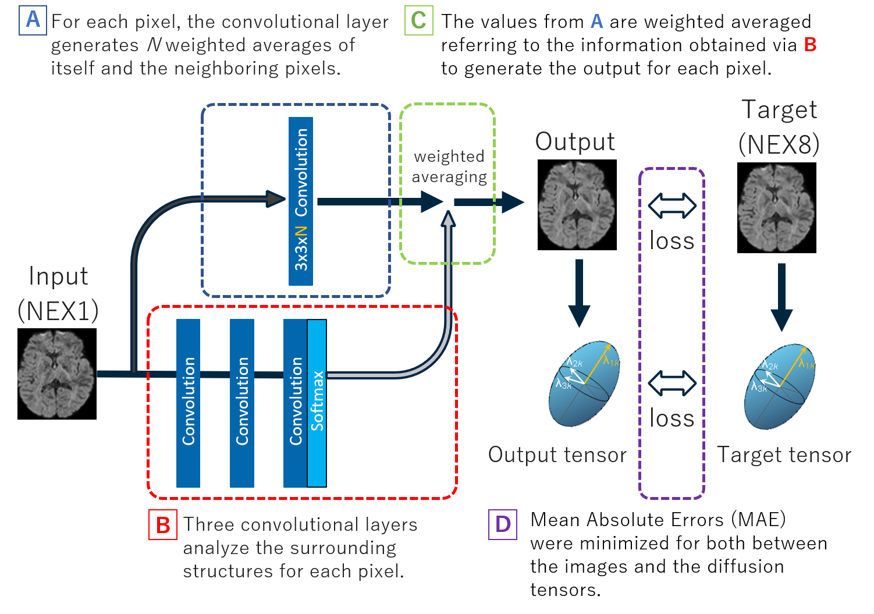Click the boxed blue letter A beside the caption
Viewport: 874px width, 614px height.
[33, 20]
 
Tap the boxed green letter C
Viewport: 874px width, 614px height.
[419, 20]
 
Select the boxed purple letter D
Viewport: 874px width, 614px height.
[503, 524]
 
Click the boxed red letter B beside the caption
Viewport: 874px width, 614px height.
[163, 525]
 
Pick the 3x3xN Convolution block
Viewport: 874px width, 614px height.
[301, 201]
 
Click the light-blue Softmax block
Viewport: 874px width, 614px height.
[317, 403]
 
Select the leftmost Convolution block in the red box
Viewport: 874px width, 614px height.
[188, 403]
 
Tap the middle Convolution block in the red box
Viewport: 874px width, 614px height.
[242, 403]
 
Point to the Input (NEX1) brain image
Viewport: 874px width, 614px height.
[55, 374]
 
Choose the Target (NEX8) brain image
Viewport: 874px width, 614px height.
[776, 208]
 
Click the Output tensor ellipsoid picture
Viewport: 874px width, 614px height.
[584, 382]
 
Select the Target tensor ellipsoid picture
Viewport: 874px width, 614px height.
[780, 385]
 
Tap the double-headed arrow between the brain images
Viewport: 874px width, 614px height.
[672, 206]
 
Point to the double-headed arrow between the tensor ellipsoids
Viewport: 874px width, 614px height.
[672, 383]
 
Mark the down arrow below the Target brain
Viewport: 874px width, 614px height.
[781, 297]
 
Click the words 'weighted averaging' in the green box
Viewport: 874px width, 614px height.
[449, 167]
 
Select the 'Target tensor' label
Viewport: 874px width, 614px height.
[784, 455]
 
